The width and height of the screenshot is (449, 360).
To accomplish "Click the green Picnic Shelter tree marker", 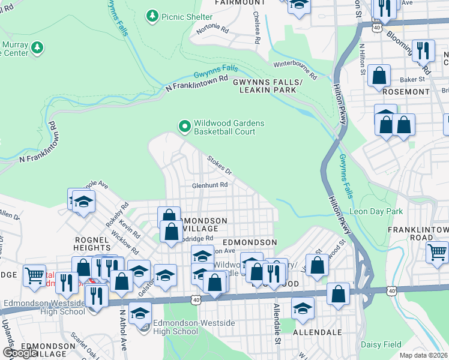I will (153, 15).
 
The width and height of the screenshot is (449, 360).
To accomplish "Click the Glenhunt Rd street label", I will (209, 185).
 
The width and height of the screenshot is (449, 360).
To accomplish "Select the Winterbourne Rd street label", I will (295, 69).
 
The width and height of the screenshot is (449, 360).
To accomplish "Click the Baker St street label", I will (413, 79).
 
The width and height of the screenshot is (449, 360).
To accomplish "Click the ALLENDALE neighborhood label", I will (317, 332).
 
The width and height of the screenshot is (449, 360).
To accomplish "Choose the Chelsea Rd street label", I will (256, 27).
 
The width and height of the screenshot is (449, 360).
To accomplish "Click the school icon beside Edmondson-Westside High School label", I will (140, 314).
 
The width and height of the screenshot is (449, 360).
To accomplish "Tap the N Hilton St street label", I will (362, 59).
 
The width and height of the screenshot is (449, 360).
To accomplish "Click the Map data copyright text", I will (424, 355).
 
